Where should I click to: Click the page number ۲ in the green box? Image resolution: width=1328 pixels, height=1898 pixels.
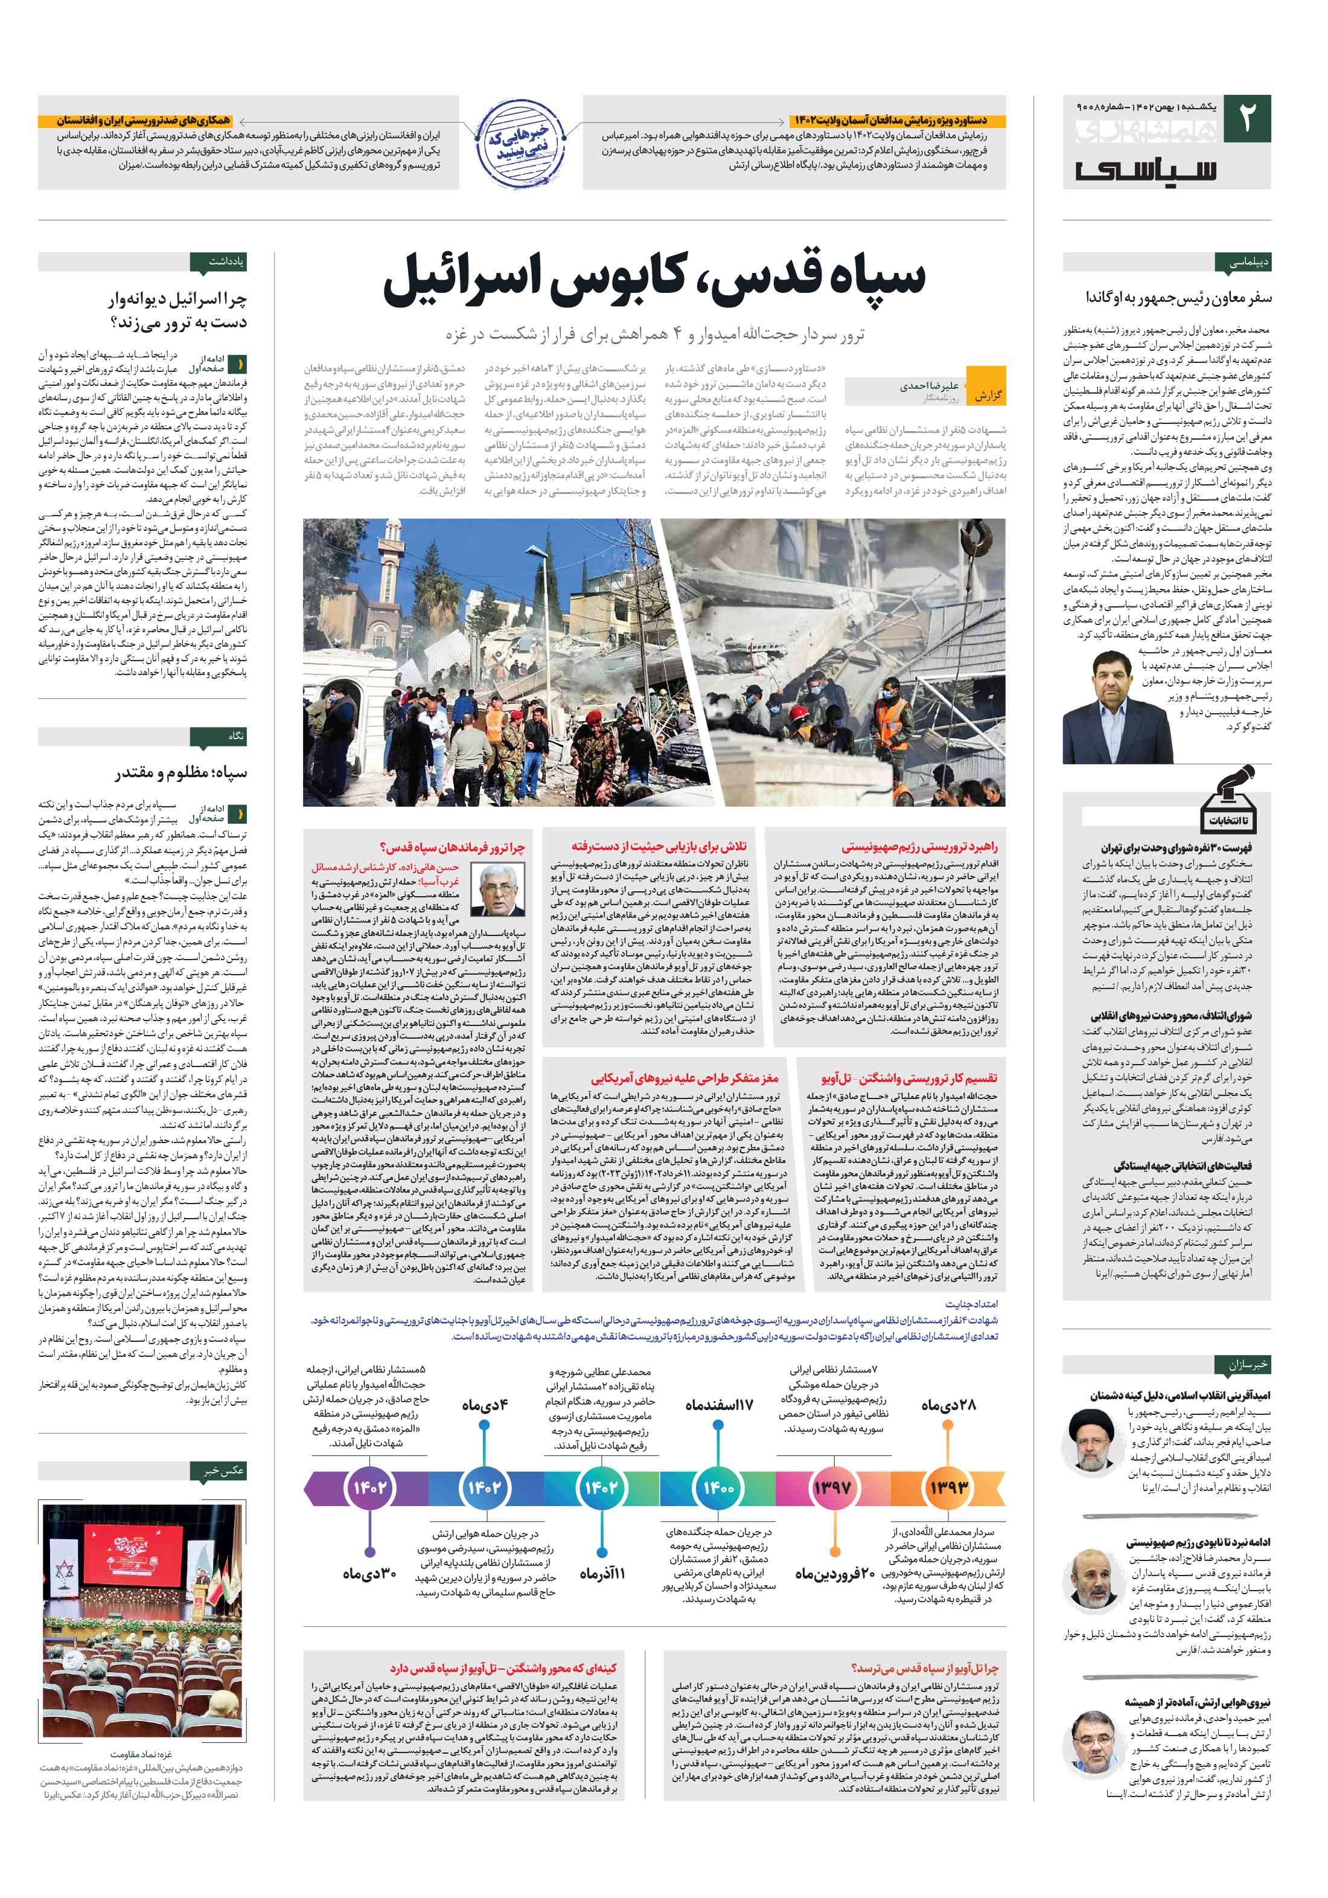(1246, 119)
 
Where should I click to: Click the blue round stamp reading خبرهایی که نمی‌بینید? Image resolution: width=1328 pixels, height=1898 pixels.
(520, 142)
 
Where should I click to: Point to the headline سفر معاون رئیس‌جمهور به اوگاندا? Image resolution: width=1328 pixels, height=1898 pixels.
(1178, 297)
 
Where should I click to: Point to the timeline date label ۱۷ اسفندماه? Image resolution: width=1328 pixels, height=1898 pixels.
(719, 1405)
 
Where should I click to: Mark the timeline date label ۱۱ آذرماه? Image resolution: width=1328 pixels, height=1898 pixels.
(602, 1573)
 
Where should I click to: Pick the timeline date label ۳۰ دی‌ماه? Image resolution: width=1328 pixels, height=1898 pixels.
(369, 1573)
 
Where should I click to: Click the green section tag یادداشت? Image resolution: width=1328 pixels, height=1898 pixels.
(219, 262)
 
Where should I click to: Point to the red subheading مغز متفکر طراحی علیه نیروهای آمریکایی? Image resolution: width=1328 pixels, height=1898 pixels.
(685, 1078)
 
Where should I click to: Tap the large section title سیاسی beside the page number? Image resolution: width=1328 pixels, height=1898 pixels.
(1145, 170)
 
